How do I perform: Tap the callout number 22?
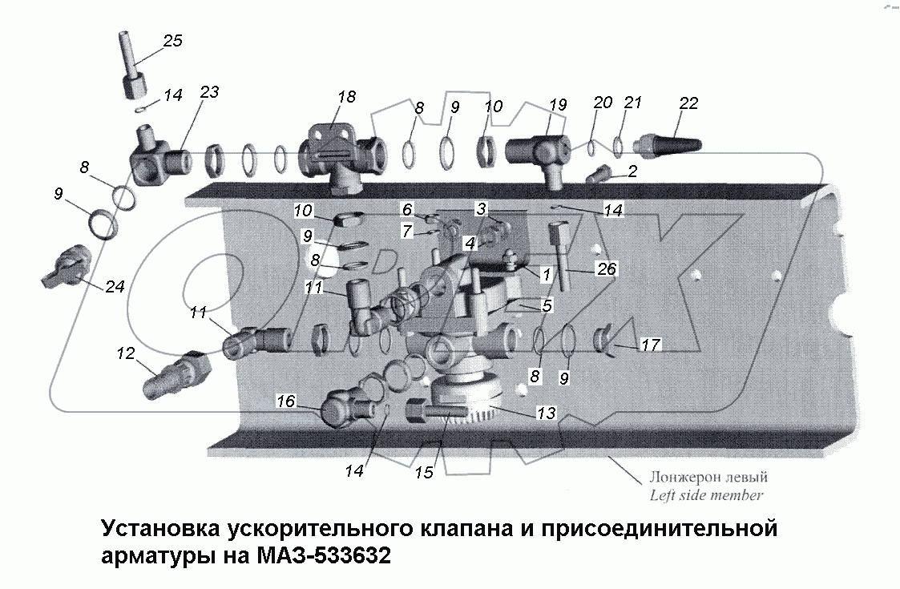click(x=688, y=103)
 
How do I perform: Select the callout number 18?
click(x=345, y=97)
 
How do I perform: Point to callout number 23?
click(x=208, y=93)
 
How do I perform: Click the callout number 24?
click(x=115, y=286)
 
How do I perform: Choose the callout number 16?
click(x=286, y=401)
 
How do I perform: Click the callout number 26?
click(x=606, y=269)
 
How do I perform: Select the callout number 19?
click(x=558, y=104)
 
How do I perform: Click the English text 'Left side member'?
click(x=706, y=495)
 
